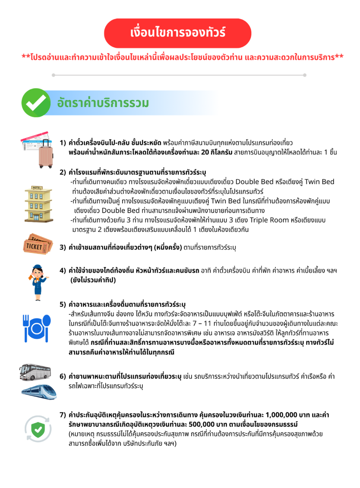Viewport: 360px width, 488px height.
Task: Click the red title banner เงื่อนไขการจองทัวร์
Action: point(178,33)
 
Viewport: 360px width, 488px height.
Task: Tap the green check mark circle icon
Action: point(36,103)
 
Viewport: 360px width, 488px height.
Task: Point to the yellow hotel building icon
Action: point(36,203)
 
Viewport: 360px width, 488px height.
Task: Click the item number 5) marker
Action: point(63,304)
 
